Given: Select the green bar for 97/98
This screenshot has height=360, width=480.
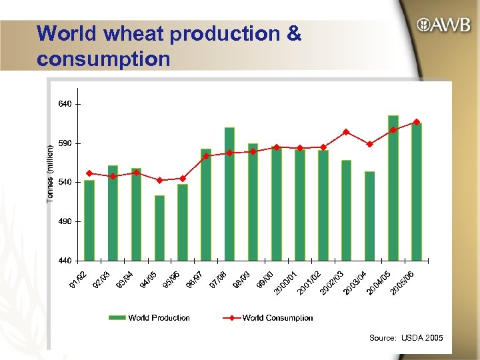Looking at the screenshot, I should pos(229,193).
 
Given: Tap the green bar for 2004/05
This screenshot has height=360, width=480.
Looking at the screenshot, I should pos(393,187).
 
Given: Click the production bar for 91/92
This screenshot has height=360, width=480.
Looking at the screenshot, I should pos(89,219).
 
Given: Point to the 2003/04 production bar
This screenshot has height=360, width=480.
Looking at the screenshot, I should pos(369,215).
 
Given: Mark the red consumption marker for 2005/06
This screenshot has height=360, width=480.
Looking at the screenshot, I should pos(417,122).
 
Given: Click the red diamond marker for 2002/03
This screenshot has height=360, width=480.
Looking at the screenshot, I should pos(345,132).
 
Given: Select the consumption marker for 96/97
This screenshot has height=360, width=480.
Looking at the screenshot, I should pos(206,156).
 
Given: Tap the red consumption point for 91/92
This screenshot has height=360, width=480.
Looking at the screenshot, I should pos(89,173).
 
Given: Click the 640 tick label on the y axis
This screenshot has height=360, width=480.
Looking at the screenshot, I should pos(63,104).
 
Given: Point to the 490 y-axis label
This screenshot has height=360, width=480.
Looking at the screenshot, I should pos(63,221).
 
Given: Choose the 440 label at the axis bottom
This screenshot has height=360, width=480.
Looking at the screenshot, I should pos(63,259).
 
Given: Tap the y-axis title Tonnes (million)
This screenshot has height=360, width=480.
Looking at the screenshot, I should pos(50,175).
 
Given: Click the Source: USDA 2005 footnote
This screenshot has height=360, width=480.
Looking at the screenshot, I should pos(405,339).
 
